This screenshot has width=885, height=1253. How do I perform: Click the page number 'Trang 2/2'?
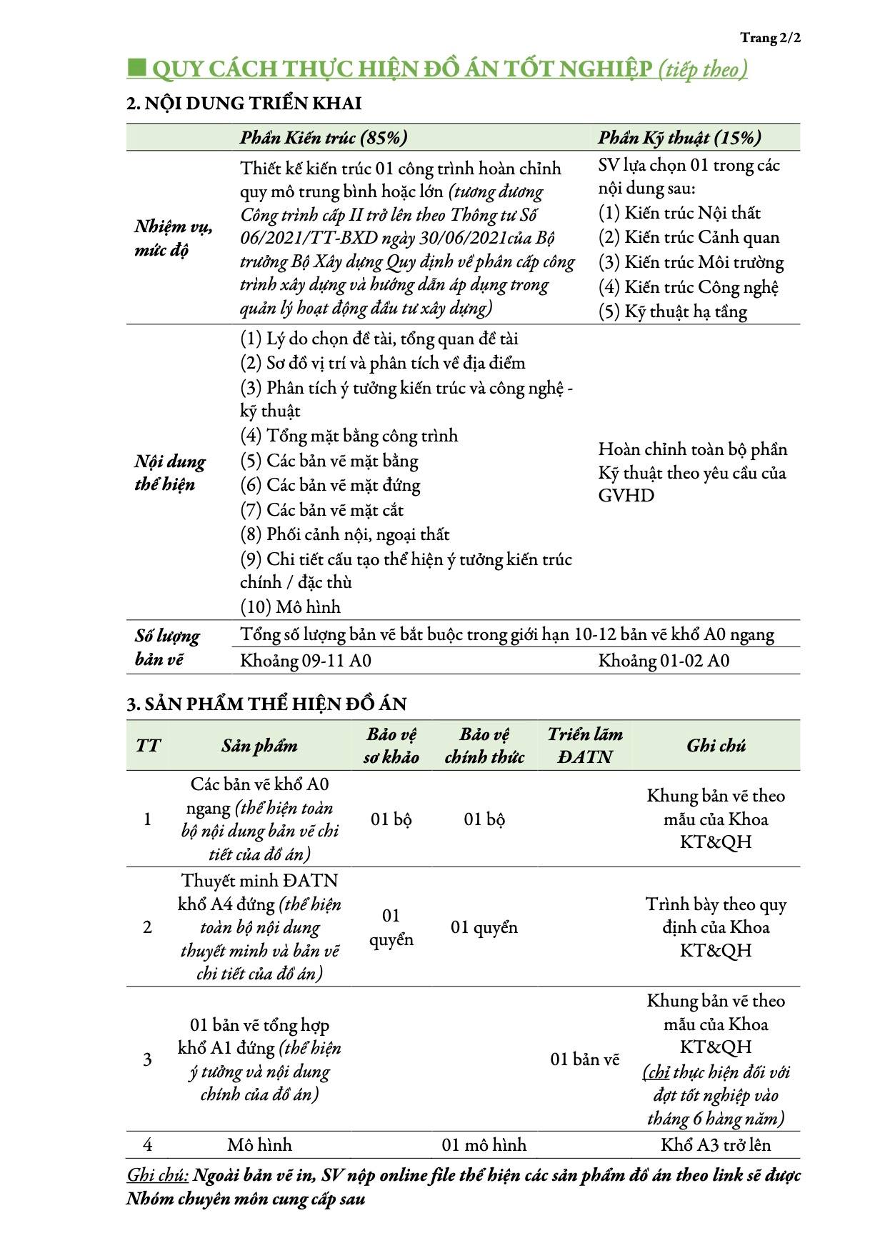pyautogui.click(x=770, y=38)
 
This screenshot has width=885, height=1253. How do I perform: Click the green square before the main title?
pyautogui.click(x=136, y=69)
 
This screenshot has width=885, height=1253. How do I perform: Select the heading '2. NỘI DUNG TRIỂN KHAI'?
pyautogui.click(x=244, y=104)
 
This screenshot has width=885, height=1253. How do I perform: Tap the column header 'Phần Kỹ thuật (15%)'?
pyautogui.click(x=679, y=138)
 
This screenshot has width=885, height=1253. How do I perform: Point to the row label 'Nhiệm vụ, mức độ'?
pyautogui.click(x=172, y=239)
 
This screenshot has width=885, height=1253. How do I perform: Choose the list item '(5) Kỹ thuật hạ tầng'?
pyautogui.click(x=672, y=311)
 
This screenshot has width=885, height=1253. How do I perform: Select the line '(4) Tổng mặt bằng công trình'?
pyautogui.click(x=349, y=436)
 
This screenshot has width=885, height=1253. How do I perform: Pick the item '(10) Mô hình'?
pyautogui.click(x=290, y=606)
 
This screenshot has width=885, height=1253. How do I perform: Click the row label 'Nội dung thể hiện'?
pyautogui.click(x=170, y=473)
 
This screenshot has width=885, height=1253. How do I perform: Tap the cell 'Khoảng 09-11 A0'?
pyautogui.click(x=306, y=661)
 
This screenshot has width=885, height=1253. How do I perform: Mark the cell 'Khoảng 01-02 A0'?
pyautogui.click(x=664, y=661)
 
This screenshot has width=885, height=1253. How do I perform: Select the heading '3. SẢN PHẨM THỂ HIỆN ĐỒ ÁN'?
pyautogui.click(x=266, y=704)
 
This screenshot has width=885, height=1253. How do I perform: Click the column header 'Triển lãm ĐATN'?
pyautogui.click(x=584, y=746)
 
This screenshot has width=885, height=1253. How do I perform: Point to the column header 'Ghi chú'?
pyautogui.click(x=716, y=746)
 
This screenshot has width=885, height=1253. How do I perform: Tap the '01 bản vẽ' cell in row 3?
pyautogui.click(x=584, y=1059)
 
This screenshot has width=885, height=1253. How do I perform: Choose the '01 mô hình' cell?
pyautogui.click(x=484, y=1145)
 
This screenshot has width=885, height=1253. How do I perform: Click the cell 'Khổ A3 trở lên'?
pyautogui.click(x=716, y=1145)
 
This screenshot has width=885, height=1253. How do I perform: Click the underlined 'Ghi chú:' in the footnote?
pyautogui.click(x=157, y=1175)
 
